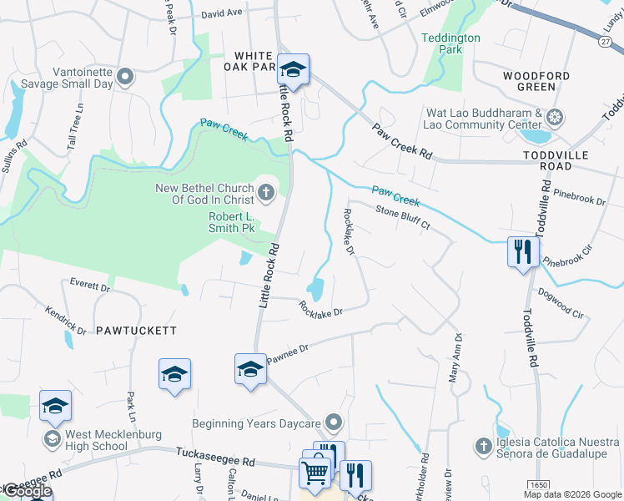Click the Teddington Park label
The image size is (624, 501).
click(450, 43)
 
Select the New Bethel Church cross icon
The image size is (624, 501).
click(266, 194)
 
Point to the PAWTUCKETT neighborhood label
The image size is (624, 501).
click(136, 331)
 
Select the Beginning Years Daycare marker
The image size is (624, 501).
click(335, 423)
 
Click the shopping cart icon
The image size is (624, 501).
click(315, 473)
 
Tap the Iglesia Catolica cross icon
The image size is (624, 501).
click(482, 447)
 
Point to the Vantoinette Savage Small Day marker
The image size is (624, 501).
click(125, 78)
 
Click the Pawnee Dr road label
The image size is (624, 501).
click(289, 353)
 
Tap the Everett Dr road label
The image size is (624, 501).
click(90, 285)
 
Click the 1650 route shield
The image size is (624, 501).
click(537, 484)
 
